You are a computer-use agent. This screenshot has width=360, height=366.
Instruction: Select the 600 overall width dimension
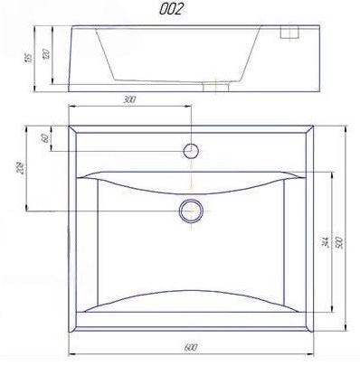[x=191, y=347]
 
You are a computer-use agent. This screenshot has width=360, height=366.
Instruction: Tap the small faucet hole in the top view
[x=191, y=148]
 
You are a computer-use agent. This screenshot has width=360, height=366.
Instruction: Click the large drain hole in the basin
[x=191, y=210]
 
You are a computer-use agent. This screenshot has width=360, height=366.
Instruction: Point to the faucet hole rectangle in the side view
[x=290, y=34]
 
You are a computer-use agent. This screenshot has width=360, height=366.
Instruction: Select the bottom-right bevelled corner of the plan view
[x=308, y=327]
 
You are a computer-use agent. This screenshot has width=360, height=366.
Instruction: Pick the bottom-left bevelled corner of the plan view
[x=75, y=327]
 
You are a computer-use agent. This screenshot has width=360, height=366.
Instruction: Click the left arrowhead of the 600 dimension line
[x=73, y=352]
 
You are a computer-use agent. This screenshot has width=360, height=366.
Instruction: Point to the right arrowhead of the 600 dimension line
[x=313, y=352]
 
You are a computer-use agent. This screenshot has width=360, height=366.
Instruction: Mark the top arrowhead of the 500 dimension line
[x=347, y=128]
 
